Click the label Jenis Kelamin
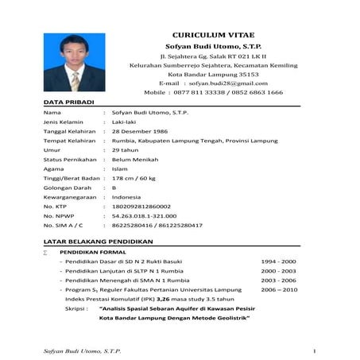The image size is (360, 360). point(64,121)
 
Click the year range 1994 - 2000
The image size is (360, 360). point(279,261)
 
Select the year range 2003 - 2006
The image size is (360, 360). point(279,281)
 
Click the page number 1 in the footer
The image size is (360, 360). point(315,350)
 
